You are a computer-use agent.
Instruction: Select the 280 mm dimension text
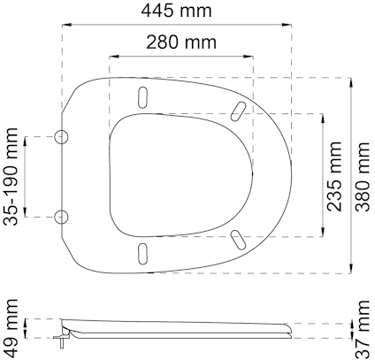point(181,42)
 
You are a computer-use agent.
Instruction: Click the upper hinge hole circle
point(62,136)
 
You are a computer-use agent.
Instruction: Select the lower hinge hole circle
point(62,216)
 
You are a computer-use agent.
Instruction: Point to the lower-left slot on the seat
point(143,254)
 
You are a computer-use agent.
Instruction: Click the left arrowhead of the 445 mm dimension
point(65,26)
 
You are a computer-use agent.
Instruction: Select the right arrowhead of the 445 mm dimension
point(288,26)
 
